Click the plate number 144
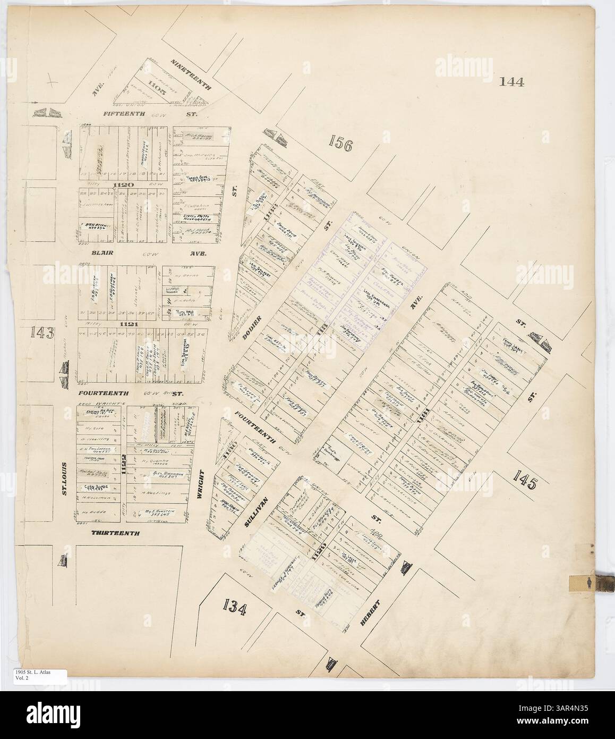[x=511, y=82]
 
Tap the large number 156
[x=340, y=144]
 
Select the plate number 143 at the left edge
[x=42, y=333]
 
